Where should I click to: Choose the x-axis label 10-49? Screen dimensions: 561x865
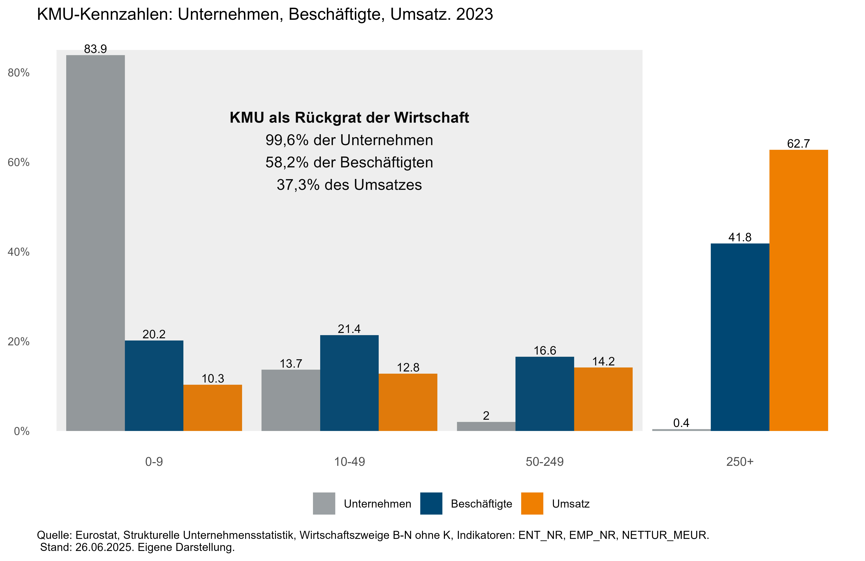coord(349,462)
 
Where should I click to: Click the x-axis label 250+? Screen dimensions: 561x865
coord(740,462)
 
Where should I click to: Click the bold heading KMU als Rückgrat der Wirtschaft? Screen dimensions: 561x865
coord(349,118)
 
